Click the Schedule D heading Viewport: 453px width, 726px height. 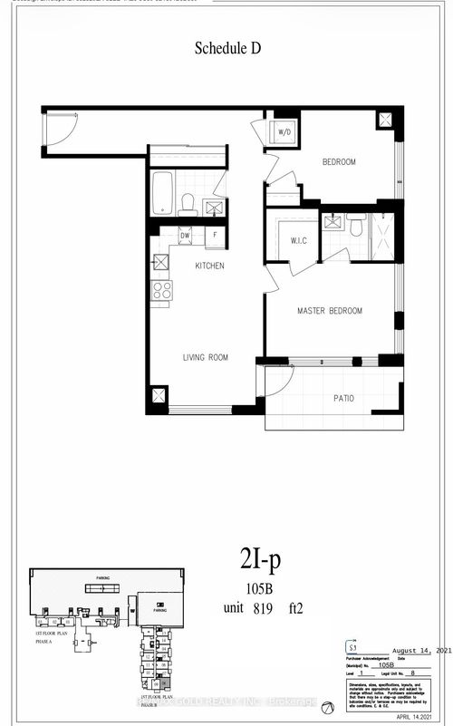(228, 50)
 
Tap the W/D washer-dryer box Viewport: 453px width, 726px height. (283, 132)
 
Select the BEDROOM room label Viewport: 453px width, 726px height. (339, 162)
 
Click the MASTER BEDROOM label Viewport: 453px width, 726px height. (330, 312)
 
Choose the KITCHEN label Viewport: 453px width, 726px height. (209, 266)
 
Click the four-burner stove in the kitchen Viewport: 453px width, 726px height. (162, 290)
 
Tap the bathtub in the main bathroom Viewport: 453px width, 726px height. (163, 191)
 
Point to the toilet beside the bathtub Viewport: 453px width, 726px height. (187, 204)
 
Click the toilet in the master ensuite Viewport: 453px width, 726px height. (355, 225)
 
